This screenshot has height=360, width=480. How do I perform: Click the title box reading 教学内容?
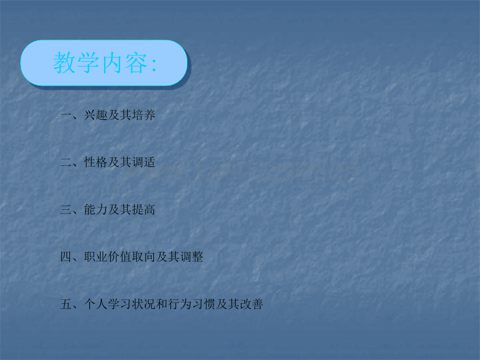click(x=104, y=63)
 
